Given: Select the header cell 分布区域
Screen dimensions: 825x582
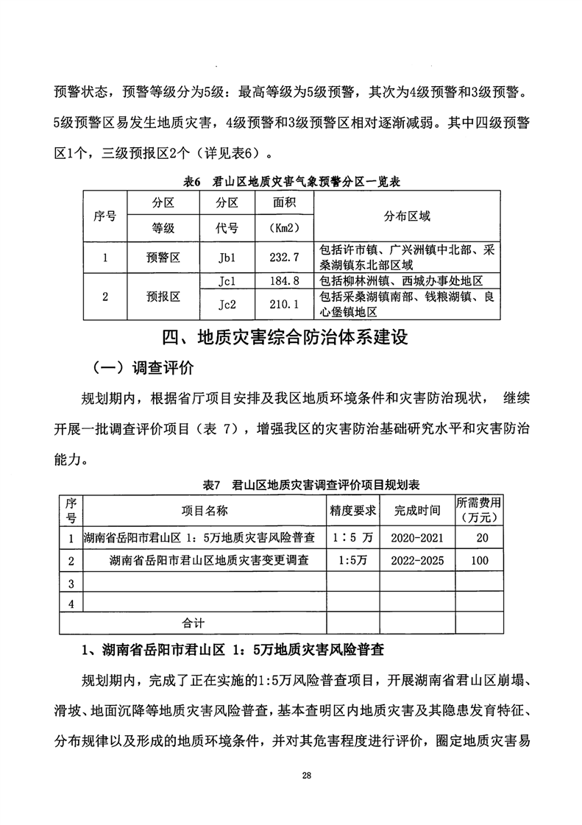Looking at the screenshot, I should (406, 216).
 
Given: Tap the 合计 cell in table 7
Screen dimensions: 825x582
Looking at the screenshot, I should (194, 623).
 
